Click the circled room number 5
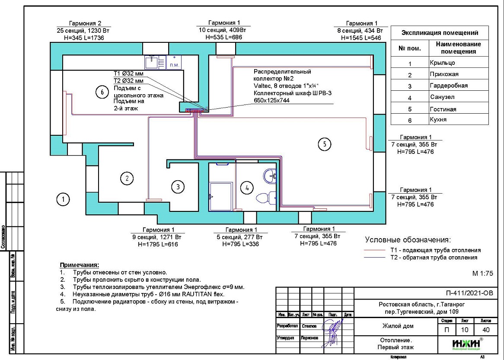(x=325, y=144)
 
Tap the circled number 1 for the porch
(x=63, y=199)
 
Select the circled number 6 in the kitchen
(x=102, y=92)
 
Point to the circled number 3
(x=178, y=187)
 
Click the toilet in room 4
(x=265, y=198)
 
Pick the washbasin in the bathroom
(x=271, y=175)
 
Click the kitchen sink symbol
(x=152, y=62)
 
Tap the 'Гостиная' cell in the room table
(x=443, y=109)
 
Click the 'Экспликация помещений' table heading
(x=440, y=33)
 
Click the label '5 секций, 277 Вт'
(x=242, y=237)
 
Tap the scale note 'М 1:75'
(x=482, y=273)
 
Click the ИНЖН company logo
(x=467, y=344)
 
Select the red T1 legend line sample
(x=374, y=250)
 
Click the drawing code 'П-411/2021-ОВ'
(x=468, y=293)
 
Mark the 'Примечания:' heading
(x=79, y=264)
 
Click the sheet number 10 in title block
(x=465, y=330)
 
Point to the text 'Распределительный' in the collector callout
(x=282, y=72)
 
